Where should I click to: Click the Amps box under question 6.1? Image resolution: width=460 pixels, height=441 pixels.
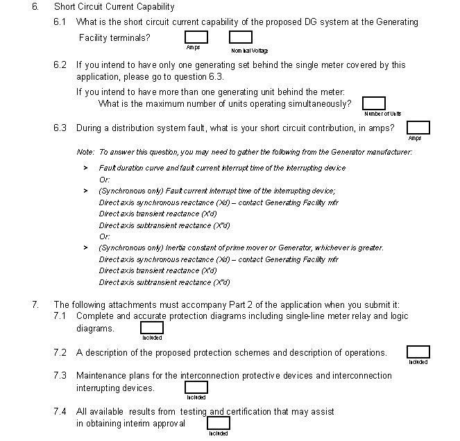click(x=196, y=37)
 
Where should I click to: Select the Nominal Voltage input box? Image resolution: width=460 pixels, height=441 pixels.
click(x=241, y=37)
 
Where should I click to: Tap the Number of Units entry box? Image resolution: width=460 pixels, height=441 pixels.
click(x=374, y=103)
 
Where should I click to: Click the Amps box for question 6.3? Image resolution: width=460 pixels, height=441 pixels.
click(x=418, y=128)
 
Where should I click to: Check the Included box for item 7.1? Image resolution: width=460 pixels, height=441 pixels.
click(x=153, y=328)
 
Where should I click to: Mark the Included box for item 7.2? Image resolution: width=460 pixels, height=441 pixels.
click(x=418, y=352)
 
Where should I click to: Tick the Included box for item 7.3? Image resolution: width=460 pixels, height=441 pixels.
click(x=196, y=388)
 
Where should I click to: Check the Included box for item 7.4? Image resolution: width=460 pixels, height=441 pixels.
click(x=219, y=423)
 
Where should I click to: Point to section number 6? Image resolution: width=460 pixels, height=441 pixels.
click(x=35, y=7)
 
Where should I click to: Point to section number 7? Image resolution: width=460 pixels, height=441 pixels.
click(x=35, y=304)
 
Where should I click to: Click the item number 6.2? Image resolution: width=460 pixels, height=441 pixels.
click(x=60, y=65)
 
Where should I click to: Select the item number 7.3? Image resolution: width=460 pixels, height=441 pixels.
click(x=60, y=376)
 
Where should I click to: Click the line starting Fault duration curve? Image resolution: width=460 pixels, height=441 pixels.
click(x=222, y=168)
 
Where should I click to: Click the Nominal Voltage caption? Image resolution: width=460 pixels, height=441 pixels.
click(x=249, y=51)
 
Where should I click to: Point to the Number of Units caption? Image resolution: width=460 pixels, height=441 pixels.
click(x=382, y=114)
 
